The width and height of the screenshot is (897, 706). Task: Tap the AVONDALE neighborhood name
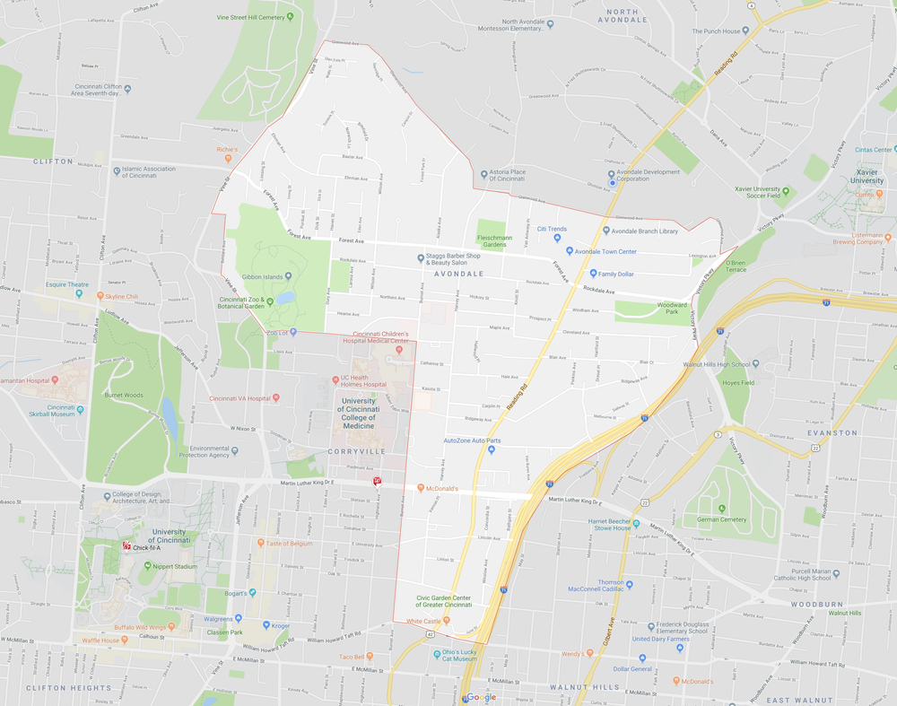click(x=458, y=274)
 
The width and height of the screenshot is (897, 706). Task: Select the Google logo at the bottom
click(x=481, y=697)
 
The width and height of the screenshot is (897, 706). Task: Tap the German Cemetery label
click(x=721, y=519)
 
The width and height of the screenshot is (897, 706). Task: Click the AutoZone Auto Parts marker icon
click(x=491, y=449)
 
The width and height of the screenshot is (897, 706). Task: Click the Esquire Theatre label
click(x=67, y=284)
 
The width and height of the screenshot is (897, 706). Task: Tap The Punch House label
click(x=721, y=31)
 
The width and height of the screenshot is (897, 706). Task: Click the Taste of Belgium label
click(x=290, y=543)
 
